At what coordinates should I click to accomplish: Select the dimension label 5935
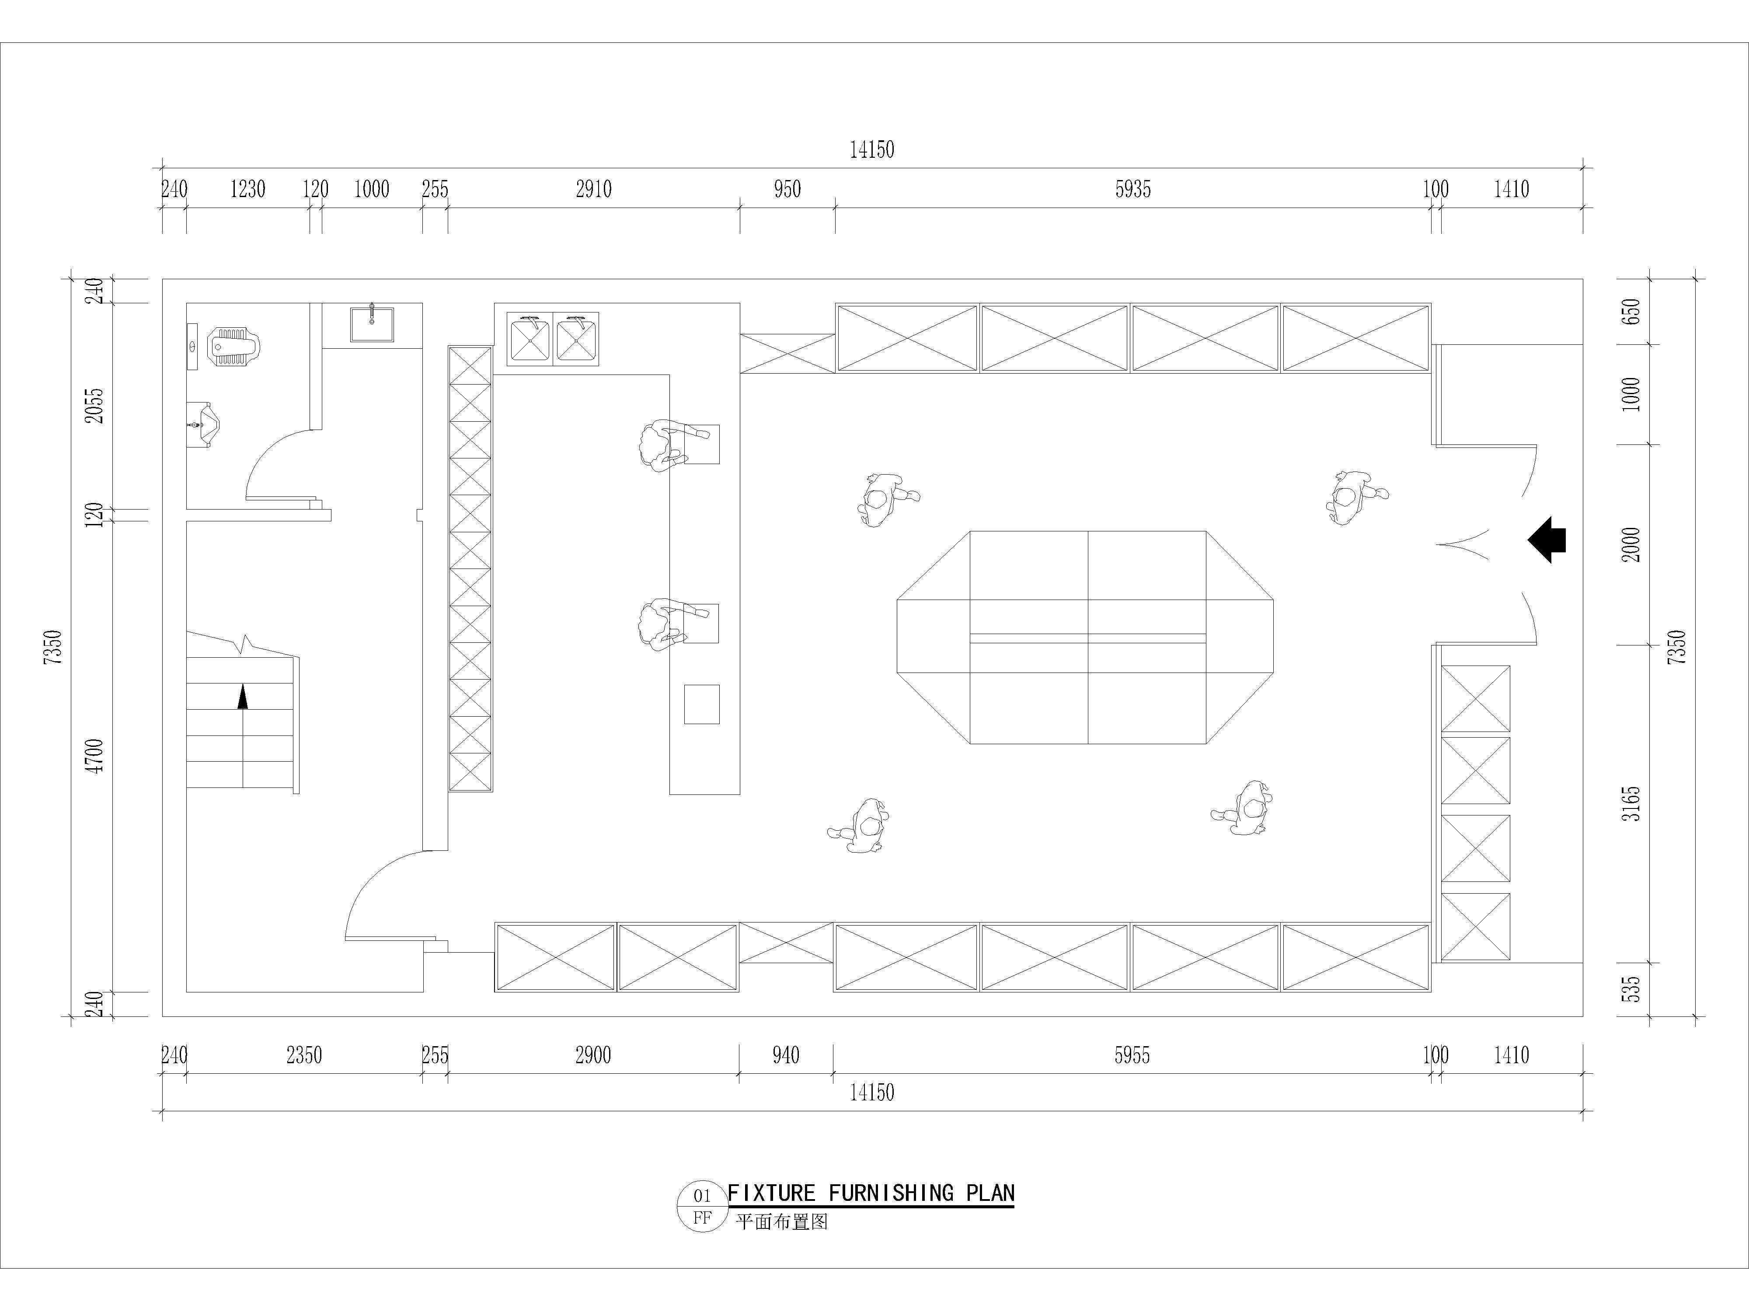[x=1133, y=190]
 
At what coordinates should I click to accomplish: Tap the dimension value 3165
[x=1631, y=804]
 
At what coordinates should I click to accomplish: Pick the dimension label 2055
[x=95, y=406]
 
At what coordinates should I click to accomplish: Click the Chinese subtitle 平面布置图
[x=781, y=1222]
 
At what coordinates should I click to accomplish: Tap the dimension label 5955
[x=1132, y=1056]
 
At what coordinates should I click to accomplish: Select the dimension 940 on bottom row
[x=786, y=1056]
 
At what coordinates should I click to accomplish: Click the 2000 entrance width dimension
[x=1631, y=545]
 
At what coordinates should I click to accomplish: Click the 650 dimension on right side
[x=1631, y=311]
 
